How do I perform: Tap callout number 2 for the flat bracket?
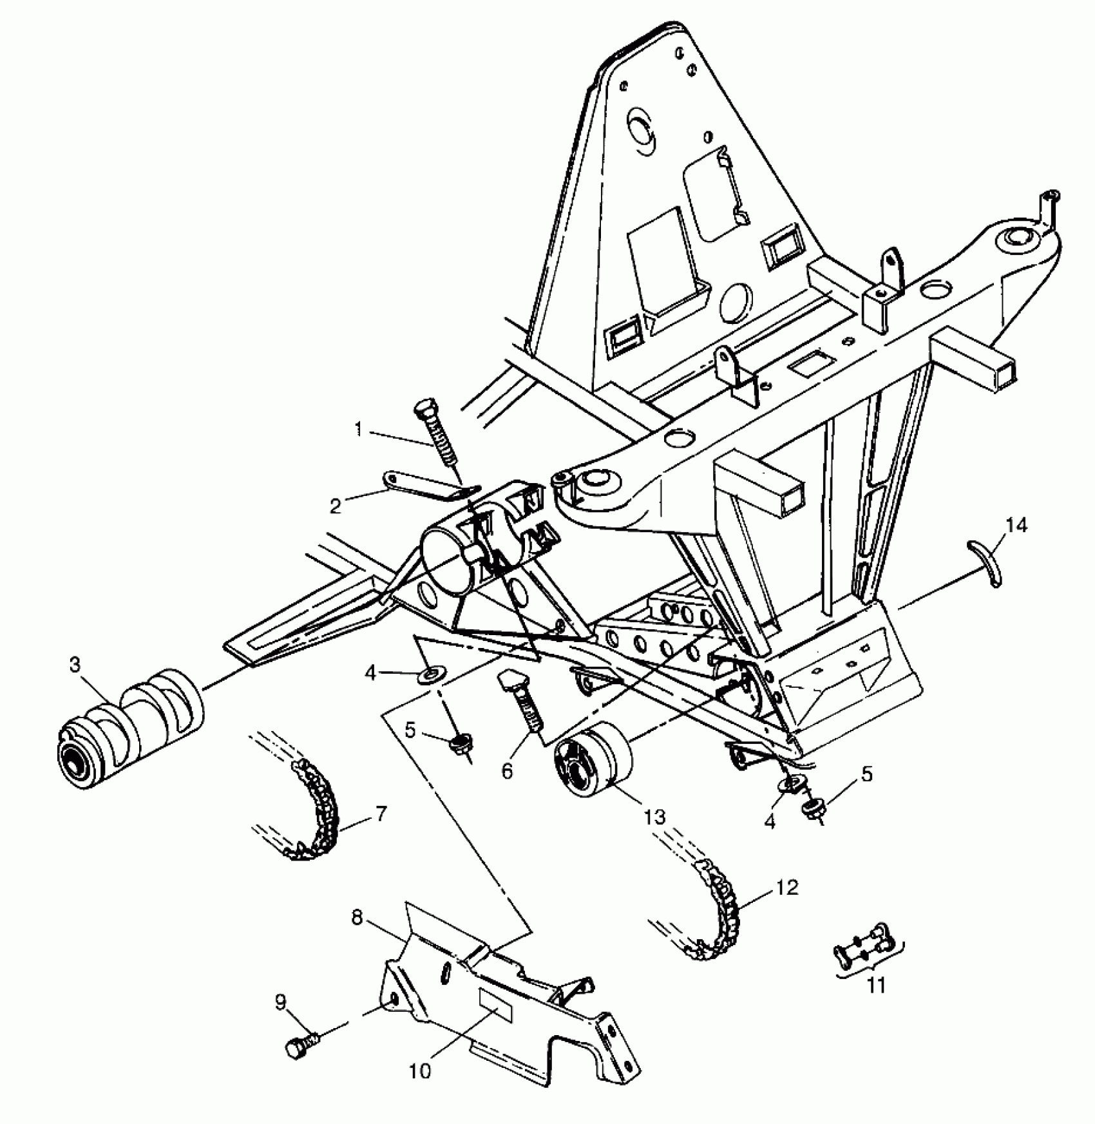(335, 506)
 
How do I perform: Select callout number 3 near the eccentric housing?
(75, 664)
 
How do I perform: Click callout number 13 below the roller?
(654, 816)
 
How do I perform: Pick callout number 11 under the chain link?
(876, 985)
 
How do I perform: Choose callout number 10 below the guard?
(419, 1071)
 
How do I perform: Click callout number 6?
(507, 770)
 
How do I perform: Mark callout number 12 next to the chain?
(787, 887)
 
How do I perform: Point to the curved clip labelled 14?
(989, 564)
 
